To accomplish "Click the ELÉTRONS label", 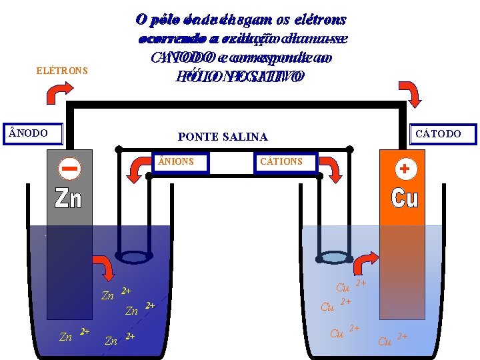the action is point(62,71).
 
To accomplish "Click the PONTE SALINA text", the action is point(223,137).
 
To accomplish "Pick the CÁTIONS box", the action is point(285,162).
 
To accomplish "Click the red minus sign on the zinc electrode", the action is point(69,169).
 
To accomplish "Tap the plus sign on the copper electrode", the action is point(404,169).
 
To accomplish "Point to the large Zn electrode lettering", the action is point(68,198).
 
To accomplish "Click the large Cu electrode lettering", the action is point(404,197).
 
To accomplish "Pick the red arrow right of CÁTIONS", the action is point(331,171).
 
